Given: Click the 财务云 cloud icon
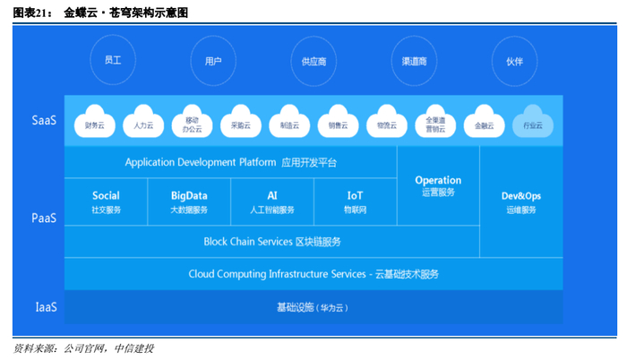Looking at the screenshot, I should point(94,124).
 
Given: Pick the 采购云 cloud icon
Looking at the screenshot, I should point(241,124).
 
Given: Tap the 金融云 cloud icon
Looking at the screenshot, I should point(485,124).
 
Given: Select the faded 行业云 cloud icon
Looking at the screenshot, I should point(534,124).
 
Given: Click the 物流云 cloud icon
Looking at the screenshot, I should point(387,124).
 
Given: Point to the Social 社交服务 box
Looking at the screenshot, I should point(106,201).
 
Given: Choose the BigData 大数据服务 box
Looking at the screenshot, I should point(188,201).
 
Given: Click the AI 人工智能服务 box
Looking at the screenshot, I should point(272,201).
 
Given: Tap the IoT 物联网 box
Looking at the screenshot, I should point(355,201).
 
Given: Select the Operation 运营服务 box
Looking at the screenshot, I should point(438,185).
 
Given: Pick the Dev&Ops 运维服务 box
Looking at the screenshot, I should point(520,201).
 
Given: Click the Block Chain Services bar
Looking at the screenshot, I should point(272,242).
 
